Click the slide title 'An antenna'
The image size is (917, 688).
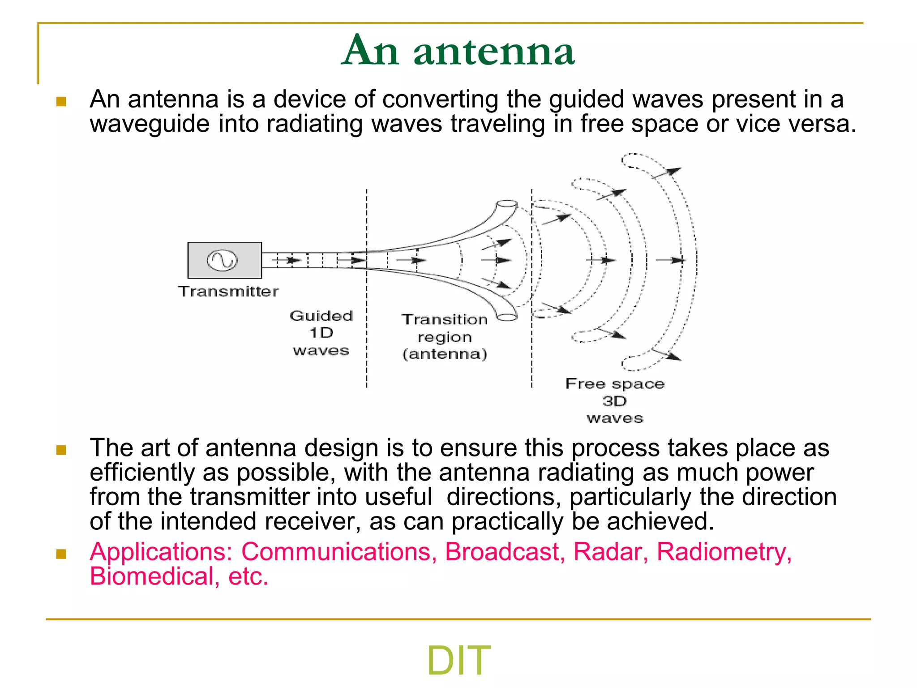(458, 51)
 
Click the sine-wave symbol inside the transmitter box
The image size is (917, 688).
(222, 260)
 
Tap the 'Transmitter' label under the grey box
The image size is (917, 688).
(228, 292)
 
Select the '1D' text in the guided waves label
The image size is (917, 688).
(321, 333)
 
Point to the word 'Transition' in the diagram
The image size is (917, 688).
(444, 319)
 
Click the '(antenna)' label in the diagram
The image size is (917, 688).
(444, 354)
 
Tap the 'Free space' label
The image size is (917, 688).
(615, 384)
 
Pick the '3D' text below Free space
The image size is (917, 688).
(614, 401)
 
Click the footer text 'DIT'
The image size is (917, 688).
(458, 660)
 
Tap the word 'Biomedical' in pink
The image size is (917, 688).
(151, 576)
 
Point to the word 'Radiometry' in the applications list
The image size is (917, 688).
(721, 551)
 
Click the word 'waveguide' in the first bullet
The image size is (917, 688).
(150, 124)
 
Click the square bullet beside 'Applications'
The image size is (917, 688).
(61, 554)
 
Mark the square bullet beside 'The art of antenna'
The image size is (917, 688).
(61, 450)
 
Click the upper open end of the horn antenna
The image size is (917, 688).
(506, 204)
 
